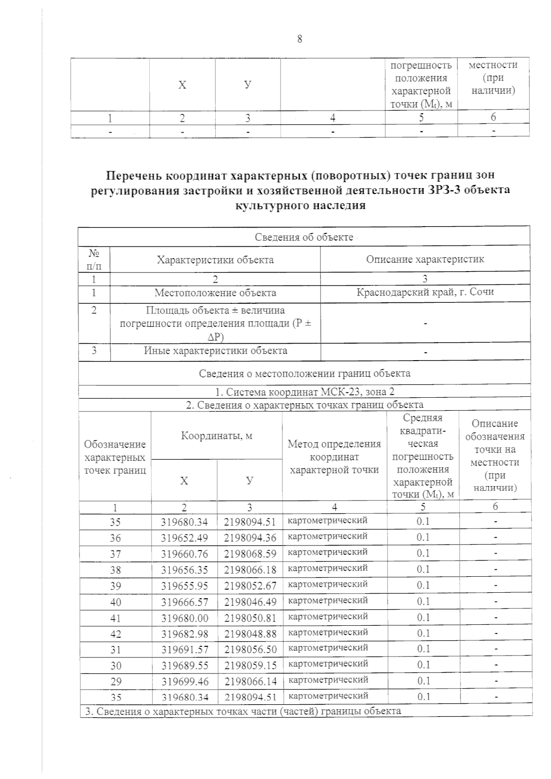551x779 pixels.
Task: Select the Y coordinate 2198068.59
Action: [x=250, y=554]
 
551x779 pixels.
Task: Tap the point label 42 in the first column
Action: [x=116, y=634]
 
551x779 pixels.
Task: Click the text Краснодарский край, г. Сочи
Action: [x=425, y=292]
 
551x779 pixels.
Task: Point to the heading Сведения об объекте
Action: [x=304, y=237]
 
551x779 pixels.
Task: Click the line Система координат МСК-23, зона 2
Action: [x=304, y=392]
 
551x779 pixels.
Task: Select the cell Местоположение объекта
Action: [x=215, y=293]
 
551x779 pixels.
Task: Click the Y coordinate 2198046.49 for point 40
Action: [x=250, y=602]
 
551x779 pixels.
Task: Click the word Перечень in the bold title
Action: [x=134, y=176]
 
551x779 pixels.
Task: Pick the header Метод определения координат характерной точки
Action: [x=334, y=456]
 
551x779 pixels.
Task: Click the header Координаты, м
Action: [x=216, y=435]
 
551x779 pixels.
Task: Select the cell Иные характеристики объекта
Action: [x=215, y=351]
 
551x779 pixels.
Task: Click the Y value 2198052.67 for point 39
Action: [x=250, y=586]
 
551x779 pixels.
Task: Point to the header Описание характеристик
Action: [x=425, y=260]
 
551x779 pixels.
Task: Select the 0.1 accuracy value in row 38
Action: [x=422, y=569]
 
